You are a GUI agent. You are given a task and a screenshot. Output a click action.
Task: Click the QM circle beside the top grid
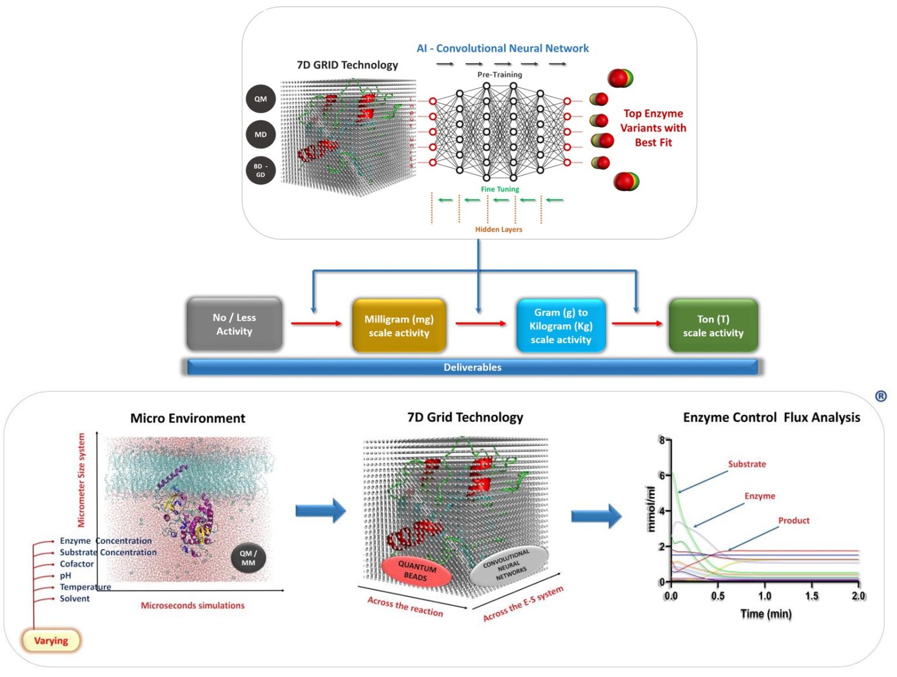point(260,99)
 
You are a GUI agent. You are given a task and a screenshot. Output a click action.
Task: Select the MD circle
point(260,135)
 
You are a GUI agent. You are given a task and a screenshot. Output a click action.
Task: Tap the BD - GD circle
point(260,170)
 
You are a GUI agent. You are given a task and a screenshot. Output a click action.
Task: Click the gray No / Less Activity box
point(234,324)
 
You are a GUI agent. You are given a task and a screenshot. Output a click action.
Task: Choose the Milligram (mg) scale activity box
point(399,326)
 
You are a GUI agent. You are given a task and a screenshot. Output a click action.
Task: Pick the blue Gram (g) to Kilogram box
point(561,326)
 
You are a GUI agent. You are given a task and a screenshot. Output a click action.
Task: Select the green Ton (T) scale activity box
point(713,326)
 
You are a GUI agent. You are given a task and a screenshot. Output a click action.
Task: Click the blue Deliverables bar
point(472,367)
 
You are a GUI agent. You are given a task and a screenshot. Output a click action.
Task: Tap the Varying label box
point(51,640)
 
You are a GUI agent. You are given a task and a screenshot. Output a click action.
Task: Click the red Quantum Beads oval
point(416,571)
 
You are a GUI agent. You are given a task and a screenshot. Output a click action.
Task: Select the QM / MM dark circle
point(248,559)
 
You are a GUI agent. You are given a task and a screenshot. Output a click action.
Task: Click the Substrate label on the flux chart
point(746,464)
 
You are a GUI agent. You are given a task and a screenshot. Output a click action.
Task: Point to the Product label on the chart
point(794,521)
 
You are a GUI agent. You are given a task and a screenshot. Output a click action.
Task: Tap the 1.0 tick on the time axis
point(764,596)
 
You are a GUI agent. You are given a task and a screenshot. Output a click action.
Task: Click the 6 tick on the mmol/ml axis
point(662,476)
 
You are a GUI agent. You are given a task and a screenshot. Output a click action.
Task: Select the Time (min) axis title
point(766,613)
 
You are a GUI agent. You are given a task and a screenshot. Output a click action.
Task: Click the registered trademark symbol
point(881,396)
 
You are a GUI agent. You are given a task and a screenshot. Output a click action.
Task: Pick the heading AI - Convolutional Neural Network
point(502,48)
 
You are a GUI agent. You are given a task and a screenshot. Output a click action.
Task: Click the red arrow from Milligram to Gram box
point(481,323)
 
